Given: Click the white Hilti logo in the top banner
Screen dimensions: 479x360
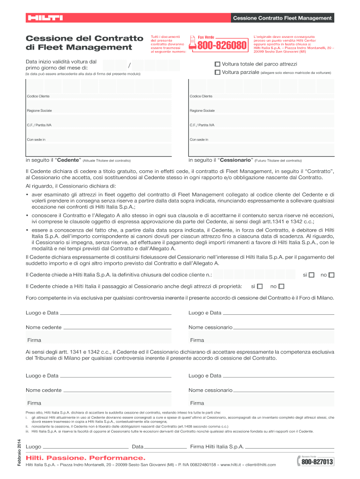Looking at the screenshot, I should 45,18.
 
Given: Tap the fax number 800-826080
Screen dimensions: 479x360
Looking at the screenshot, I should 222,46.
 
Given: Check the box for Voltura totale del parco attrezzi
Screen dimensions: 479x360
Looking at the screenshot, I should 217,64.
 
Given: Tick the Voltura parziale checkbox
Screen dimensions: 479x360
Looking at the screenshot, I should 217,73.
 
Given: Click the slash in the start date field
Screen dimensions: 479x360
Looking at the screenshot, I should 129,65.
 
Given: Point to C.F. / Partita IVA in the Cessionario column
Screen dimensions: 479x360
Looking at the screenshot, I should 202,125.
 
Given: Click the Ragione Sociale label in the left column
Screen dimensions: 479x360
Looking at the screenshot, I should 40,110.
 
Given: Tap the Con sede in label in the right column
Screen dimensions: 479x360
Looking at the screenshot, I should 199,139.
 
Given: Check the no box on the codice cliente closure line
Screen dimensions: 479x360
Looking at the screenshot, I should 331,275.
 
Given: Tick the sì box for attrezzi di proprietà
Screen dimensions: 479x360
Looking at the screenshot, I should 260,286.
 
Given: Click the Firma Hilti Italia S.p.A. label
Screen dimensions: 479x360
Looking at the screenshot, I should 217,447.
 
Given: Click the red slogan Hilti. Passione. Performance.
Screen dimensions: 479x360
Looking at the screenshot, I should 86,457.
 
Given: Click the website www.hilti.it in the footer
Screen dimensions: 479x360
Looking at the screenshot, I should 232,464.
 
